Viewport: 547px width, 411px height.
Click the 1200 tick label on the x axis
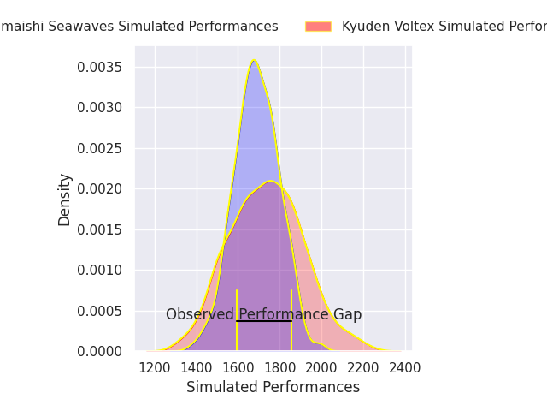[155, 367]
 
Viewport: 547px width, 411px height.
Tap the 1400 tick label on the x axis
[197, 367]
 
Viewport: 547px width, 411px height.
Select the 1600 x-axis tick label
[238, 367]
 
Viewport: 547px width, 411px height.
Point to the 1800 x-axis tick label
[280, 367]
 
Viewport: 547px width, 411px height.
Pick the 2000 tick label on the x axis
[322, 367]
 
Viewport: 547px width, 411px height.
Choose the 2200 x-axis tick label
[364, 367]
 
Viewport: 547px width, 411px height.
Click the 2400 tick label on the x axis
[405, 367]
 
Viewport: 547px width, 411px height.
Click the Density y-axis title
[65, 200]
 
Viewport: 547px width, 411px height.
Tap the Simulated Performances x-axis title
[273, 387]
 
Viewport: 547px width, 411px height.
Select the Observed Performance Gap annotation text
[263, 314]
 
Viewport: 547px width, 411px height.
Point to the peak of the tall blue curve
[254, 61]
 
